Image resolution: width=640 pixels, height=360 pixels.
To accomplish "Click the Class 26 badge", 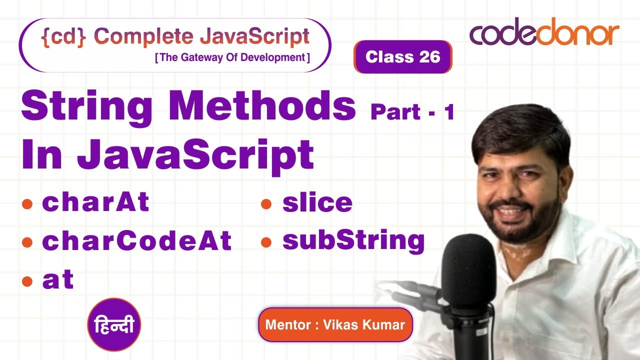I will pyautogui.click(x=402, y=57).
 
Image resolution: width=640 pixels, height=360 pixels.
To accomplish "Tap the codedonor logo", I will pyautogui.click(x=544, y=34).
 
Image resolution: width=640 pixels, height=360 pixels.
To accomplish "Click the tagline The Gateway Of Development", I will pyautogui.click(x=232, y=57).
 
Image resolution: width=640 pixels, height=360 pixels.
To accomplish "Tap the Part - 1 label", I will pyautogui.click(x=412, y=112).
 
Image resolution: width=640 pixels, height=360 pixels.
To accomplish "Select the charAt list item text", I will pyautogui.click(x=95, y=202).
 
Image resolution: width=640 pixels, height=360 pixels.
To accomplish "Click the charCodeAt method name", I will pyautogui.click(x=136, y=241).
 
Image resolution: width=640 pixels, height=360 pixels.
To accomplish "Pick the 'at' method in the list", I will pyautogui.click(x=58, y=280).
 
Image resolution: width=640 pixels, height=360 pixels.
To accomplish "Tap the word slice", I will pyautogui.click(x=317, y=202).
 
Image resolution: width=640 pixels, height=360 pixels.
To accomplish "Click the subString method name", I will pyautogui.click(x=353, y=241).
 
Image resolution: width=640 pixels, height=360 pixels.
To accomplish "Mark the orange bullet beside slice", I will pyautogui.click(x=266, y=203).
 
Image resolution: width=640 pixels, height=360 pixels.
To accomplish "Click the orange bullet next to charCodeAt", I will pyautogui.click(x=27, y=242).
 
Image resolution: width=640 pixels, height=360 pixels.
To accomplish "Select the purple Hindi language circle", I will pyautogui.click(x=114, y=325).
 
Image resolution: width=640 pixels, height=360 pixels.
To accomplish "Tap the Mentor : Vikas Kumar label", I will pyautogui.click(x=335, y=324).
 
